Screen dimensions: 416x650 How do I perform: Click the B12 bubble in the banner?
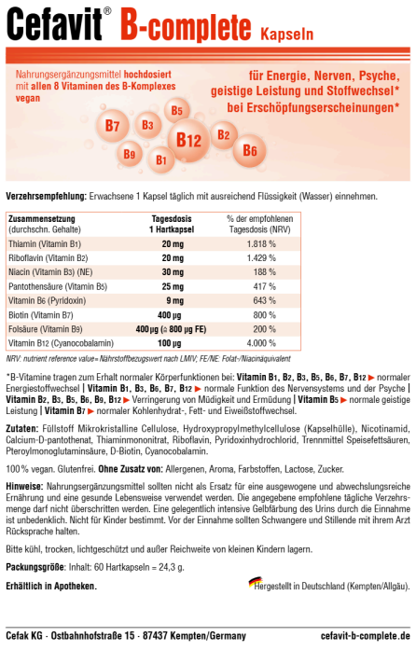click(189, 141)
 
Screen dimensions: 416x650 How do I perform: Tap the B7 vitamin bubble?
click(112, 125)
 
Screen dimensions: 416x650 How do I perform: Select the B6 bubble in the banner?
click(249, 149)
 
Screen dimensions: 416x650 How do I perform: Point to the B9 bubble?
click(130, 154)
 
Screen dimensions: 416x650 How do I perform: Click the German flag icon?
click(255, 582)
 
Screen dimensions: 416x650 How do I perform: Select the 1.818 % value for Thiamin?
click(264, 242)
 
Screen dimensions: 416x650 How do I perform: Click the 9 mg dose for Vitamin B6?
click(173, 300)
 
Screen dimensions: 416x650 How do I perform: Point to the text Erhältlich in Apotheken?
click(51, 586)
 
